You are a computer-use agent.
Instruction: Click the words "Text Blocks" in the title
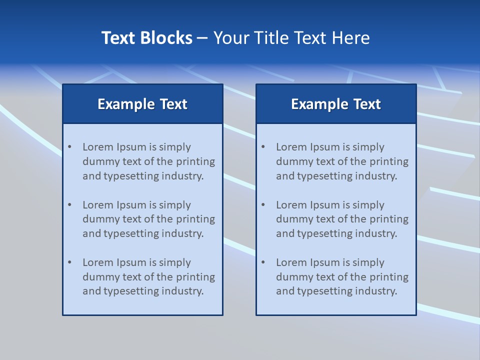pos(147,38)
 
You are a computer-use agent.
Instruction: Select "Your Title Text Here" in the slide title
pos(291,38)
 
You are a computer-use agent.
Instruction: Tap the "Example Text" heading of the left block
pos(142,104)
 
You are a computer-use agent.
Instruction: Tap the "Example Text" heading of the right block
pos(336,104)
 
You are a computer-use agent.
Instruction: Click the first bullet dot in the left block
pos(70,147)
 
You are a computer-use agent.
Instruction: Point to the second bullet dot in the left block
pos(70,205)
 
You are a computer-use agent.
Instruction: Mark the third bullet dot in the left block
pos(70,262)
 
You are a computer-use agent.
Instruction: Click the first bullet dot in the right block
pos(263,147)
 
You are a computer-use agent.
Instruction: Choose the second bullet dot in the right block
pos(263,205)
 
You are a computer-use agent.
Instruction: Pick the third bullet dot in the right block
pos(263,262)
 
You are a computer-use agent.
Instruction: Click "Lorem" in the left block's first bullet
pos(98,147)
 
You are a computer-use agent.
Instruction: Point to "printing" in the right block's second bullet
pos(389,219)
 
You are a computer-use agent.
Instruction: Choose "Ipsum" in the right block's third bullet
pos(325,262)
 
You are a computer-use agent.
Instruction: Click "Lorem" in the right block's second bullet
pos(291,205)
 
